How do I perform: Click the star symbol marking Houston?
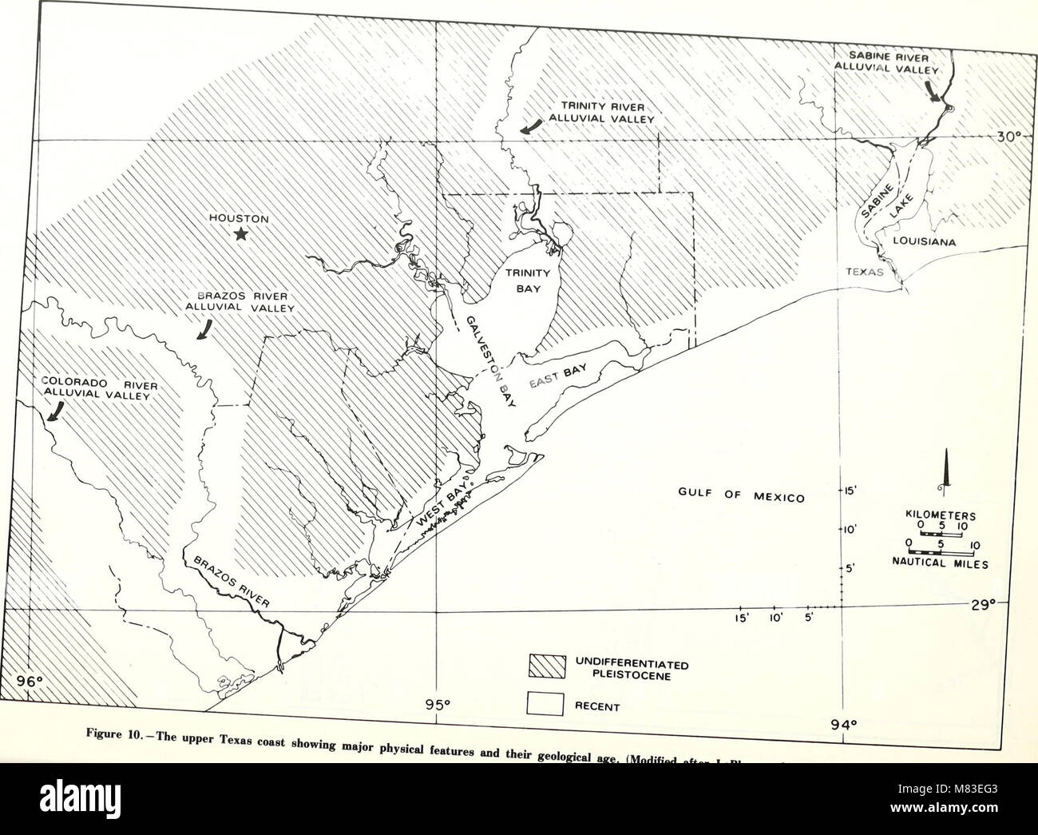240,234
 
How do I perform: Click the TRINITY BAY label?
527,280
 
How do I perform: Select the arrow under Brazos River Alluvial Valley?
206,330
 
